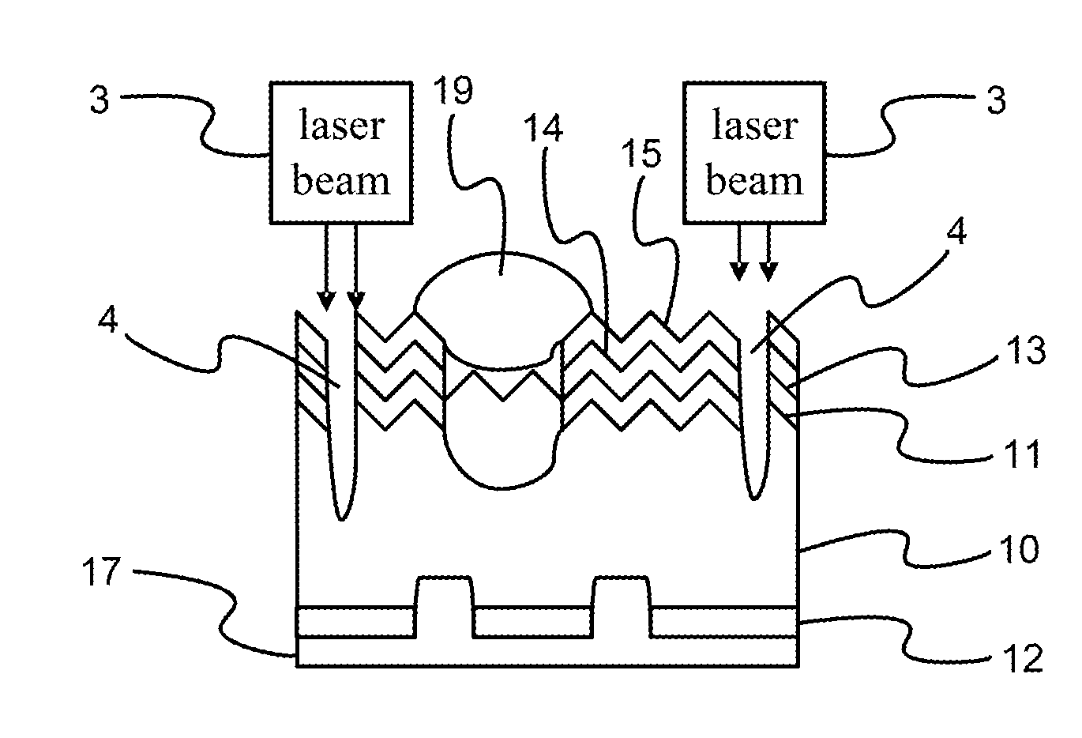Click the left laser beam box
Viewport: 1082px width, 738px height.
[341, 152]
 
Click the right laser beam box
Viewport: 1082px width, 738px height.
[754, 152]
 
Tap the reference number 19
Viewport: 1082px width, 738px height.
[453, 92]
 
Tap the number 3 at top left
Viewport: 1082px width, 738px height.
[99, 101]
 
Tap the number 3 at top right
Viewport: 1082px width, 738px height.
[997, 101]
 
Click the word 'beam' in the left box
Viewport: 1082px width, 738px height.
[341, 181]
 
